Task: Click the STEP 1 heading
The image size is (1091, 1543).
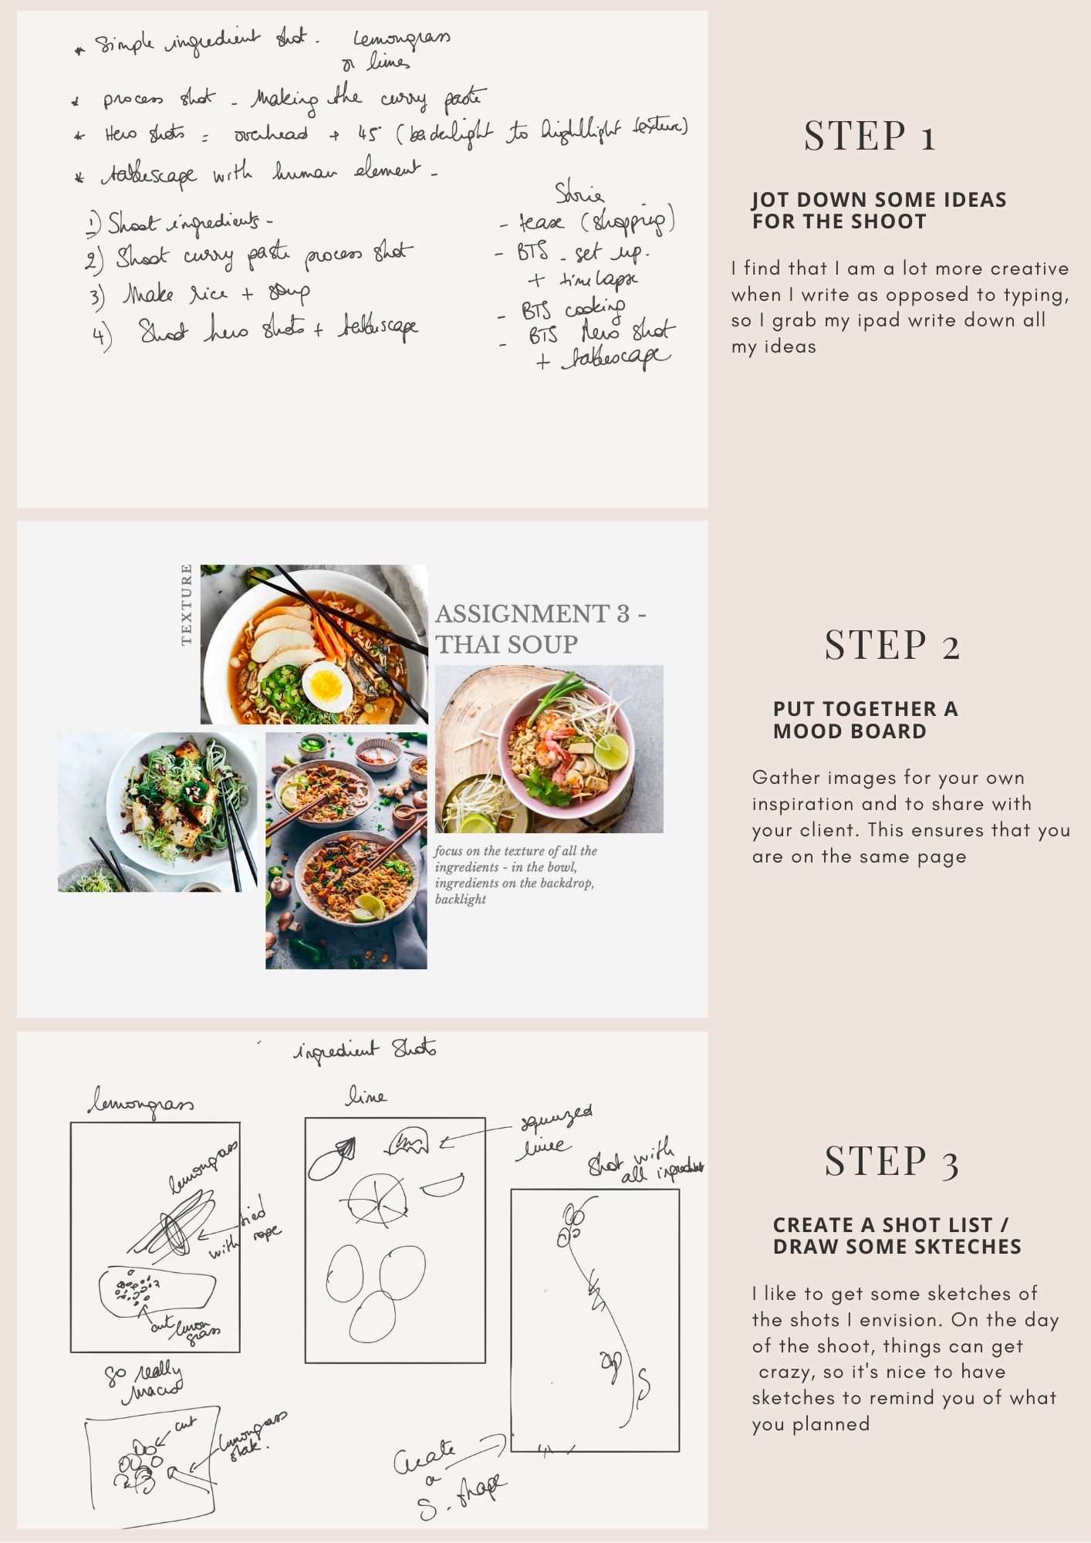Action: click(x=870, y=137)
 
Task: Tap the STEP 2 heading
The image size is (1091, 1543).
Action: click(x=892, y=646)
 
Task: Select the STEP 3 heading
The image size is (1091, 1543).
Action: click(x=892, y=1162)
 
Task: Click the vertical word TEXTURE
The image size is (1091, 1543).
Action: click(x=186, y=604)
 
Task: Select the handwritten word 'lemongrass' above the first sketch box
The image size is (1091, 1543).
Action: click(x=140, y=1104)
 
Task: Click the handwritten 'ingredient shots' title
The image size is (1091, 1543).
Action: click(x=365, y=1050)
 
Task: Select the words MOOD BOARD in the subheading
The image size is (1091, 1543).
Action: click(x=849, y=731)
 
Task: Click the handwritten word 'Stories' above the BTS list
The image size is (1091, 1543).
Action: click(x=579, y=193)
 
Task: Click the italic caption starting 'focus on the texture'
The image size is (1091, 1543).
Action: click(x=515, y=875)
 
